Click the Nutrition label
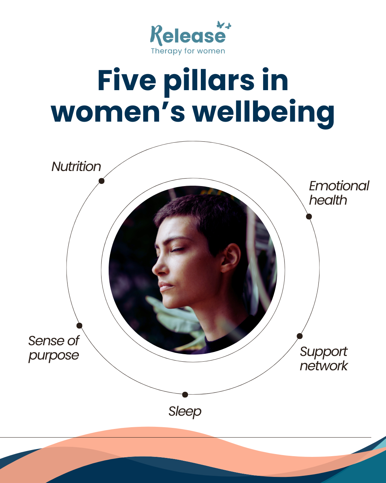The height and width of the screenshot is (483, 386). [76, 167]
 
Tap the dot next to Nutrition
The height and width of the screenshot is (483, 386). [102, 181]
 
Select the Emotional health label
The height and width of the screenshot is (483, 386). [338, 193]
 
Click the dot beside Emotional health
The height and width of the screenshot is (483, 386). [309, 216]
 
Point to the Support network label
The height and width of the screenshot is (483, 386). [323, 358]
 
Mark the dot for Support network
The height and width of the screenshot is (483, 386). [300, 336]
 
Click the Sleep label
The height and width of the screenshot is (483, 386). [185, 411]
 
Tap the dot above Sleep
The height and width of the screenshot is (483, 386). [185, 395]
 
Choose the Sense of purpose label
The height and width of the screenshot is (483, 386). [54, 348]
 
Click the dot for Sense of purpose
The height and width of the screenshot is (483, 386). [79, 326]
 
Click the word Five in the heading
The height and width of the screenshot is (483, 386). [127, 80]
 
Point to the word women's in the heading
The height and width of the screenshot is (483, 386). [118, 112]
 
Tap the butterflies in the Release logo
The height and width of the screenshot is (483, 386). [224, 25]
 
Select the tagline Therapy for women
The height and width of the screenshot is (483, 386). [188, 51]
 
